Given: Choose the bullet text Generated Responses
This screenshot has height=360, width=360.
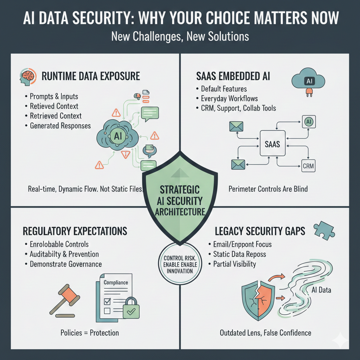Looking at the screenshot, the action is (x=60, y=126).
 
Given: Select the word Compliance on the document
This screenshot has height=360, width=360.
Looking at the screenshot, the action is (x=116, y=282).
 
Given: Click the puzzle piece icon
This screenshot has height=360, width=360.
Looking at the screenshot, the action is (x=323, y=230).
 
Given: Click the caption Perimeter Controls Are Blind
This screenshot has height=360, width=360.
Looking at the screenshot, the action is (x=268, y=189).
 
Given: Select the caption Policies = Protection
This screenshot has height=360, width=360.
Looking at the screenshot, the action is (x=90, y=333).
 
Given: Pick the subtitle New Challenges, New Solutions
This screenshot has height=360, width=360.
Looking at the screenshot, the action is (x=180, y=37).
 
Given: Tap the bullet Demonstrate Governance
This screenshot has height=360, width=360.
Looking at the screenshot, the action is (x=66, y=264).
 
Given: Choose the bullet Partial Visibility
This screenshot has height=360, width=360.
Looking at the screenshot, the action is (x=234, y=264).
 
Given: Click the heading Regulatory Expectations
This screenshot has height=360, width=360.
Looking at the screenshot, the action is (x=75, y=231).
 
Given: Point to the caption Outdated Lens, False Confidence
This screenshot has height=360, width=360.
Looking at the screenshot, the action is (x=265, y=333).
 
